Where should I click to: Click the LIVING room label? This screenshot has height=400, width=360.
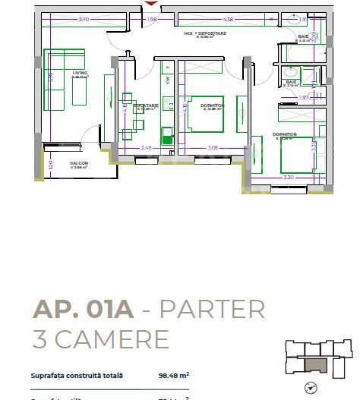coord(81,73)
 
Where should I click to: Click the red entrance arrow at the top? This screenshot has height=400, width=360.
coord(150,4)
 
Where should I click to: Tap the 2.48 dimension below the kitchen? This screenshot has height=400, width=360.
coord(147,147)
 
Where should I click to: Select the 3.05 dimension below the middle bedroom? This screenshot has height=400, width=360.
coord(213,147)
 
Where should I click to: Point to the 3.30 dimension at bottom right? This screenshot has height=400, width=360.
coord(288,177)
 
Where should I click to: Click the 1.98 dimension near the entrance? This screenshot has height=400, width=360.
coord(152,19)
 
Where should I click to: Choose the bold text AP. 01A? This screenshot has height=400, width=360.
coord(82,310)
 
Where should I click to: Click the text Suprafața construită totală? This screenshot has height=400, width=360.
coord(76,375)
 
